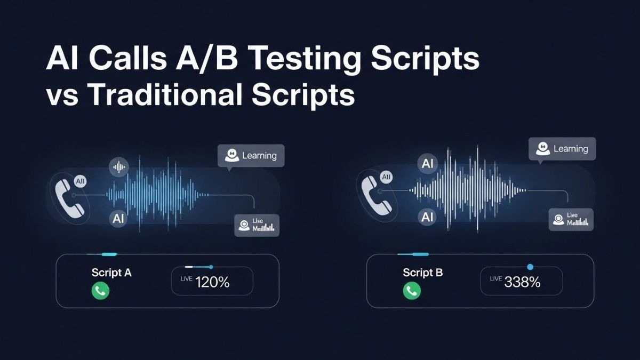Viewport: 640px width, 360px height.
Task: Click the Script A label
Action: coord(111,273)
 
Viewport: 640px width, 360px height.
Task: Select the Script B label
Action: coord(423,273)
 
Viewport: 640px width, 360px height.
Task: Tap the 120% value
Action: coord(212,283)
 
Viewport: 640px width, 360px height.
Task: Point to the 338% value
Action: coord(523,283)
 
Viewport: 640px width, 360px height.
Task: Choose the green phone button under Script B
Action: coord(412,291)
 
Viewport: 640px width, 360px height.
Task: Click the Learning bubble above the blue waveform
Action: coord(251,156)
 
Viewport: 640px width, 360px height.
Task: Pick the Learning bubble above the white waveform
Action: coord(562,149)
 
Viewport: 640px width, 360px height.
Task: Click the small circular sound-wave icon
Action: coord(119,167)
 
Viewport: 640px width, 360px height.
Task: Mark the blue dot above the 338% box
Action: coord(530,266)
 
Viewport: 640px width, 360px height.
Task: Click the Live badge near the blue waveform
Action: coord(257,226)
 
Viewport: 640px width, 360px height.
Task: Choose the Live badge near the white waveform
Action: coord(571,219)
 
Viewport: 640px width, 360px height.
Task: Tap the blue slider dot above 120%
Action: coord(211,267)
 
